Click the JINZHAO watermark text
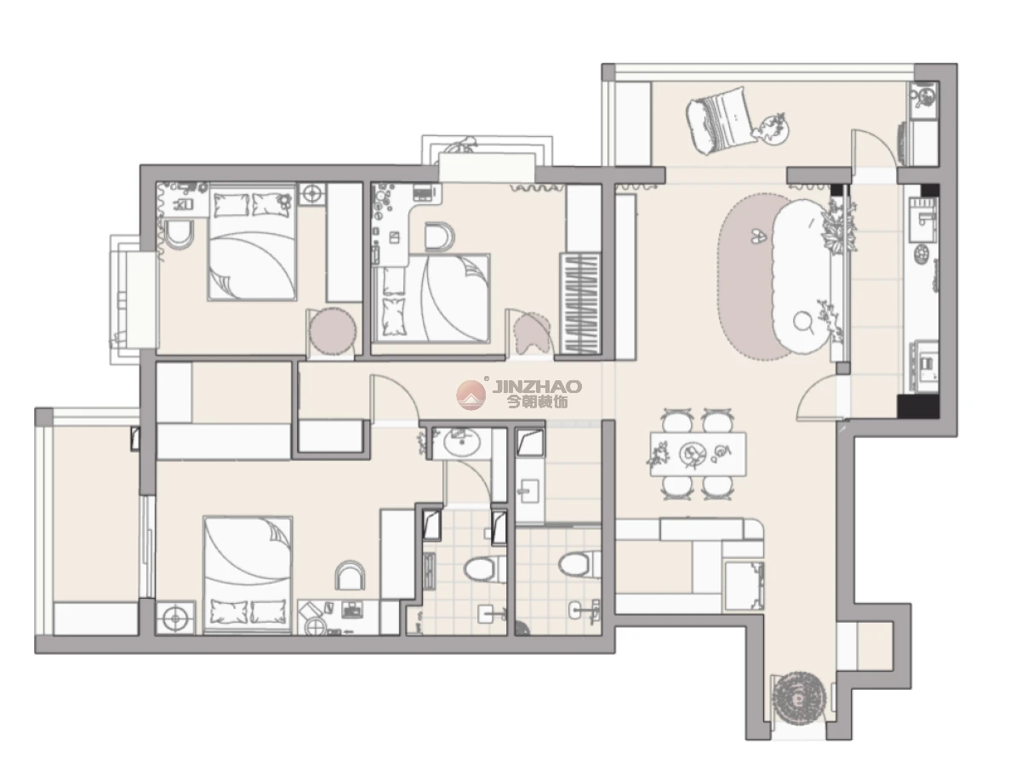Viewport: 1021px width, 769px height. click(x=536, y=385)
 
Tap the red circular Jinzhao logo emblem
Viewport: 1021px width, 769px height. click(x=471, y=396)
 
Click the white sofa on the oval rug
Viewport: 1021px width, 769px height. click(x=801, y=277)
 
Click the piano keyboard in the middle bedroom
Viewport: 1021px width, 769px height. click(x=580, y=303)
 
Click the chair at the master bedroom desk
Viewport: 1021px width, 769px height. click(x=350, y=576)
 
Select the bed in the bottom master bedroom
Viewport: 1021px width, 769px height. click(x=247, y=575)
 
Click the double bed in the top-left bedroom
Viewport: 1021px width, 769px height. click(x=252, y=242)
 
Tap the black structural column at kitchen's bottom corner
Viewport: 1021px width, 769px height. click(x=917, y=406)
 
